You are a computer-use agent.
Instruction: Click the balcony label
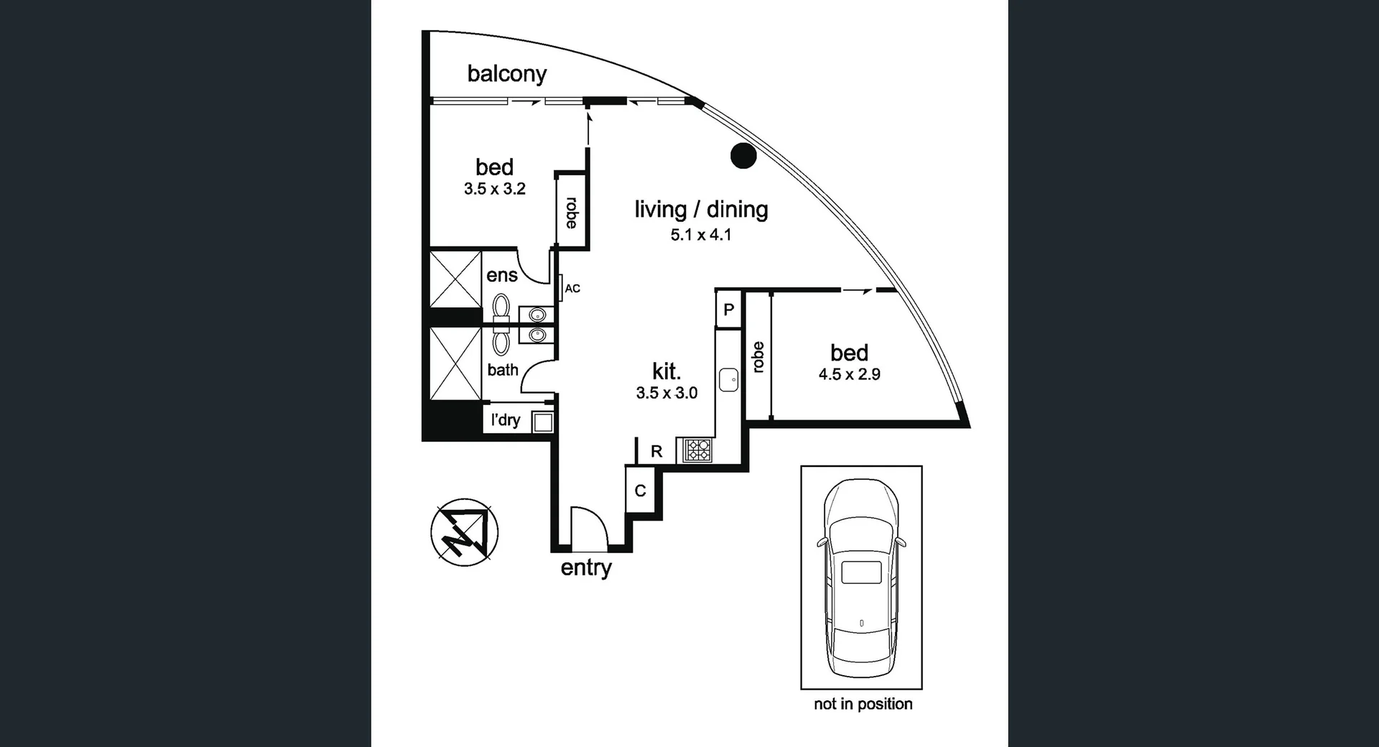pyautogui.click(x=507, y=73)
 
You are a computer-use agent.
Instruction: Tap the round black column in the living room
pyautogui.click(x=743, y=155)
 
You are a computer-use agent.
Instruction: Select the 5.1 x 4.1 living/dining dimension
pyautogui.click(x=701, y=234)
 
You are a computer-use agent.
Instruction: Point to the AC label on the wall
pyautogui.click(x=572, y=289)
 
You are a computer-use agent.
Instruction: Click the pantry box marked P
pyautogui.click(x=729, y=310)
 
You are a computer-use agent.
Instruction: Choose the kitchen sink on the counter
pyautogui.click(x=729, y=379)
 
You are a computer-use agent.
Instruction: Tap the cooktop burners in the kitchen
pyautogui.click(x=697, y=450)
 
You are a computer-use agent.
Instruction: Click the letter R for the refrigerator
pyautogui.click(x=656, y=452)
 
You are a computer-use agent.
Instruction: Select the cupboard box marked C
pyautogui.click(x=640, y=490)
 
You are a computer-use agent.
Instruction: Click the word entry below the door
pyautogui.click(x=586, y=567)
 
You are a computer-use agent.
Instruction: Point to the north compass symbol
pyautogui.click(x=464, y=532)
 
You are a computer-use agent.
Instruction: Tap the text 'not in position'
pyautogui.click(x=863, y=704)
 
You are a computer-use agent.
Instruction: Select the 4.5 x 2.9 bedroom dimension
pyautogui.click(x=850, y=374)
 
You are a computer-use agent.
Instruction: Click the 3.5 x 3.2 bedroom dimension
pyautogui.click(x=495, y=189)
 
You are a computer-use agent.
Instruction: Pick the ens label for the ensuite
pyautogui.click(x=502, y=275)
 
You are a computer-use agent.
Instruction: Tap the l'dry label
pyautogui.click(x=506, y=420)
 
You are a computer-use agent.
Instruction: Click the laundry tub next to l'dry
pyautogui.click(x=542, y=422)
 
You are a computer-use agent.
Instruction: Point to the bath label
pyautogui.click(x=503, y=369)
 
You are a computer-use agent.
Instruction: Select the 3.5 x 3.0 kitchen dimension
pyautogui.click(x=667, y=393)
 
